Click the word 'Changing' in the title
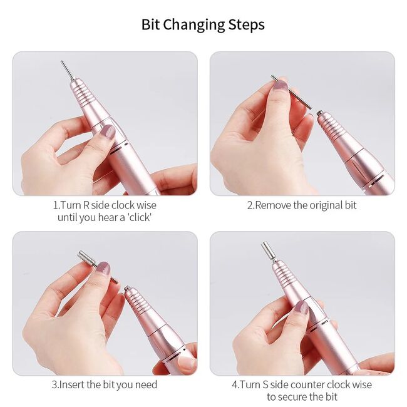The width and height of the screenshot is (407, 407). (x=194, y=25)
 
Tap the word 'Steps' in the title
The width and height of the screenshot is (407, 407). (x=247, y=24)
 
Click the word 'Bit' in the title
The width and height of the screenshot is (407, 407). (x=150, y=24)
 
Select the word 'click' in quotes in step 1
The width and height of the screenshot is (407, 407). (x=140, y=217)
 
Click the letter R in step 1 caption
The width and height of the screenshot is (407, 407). (x=86, y=205)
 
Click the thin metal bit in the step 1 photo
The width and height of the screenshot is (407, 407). (x=67, y=70)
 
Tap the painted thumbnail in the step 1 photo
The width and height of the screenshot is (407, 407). (x=108, y=131)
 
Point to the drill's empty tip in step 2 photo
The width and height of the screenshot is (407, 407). (x=319, y=113)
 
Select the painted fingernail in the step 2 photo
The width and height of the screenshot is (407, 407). (x=281, y=85)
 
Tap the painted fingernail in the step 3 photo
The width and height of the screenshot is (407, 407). (x=103, y=268)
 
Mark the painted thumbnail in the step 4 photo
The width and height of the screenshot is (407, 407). (x=302, y=307)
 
